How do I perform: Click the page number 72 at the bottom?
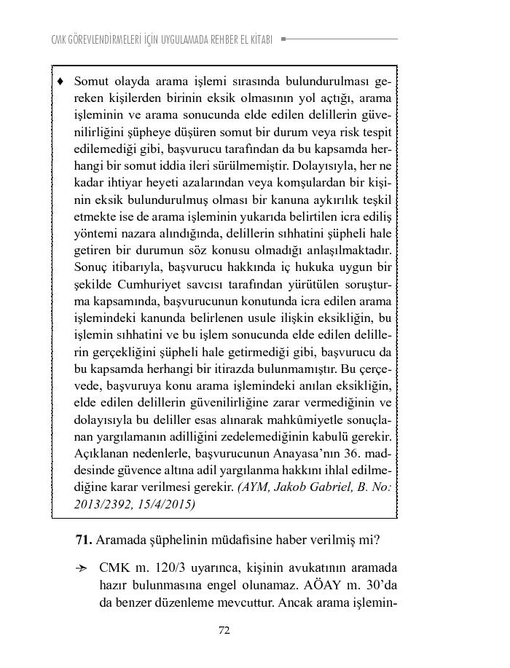[x=224, y=631]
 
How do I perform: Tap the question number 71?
[x=82, y=541]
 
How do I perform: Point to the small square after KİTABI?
[x=283, y=39]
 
